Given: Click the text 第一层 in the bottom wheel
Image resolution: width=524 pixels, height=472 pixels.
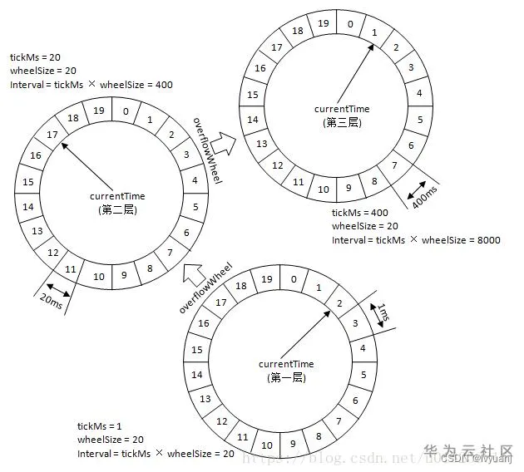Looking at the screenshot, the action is [286, 378].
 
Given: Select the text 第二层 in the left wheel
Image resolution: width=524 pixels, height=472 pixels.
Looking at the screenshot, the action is [116, 209].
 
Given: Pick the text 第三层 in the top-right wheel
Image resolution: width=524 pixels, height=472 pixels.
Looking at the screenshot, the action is [342, 122].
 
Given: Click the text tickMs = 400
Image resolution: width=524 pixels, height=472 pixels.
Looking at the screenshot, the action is [358, 212].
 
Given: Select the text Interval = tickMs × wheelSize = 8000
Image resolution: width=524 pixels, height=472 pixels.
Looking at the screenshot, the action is [416, 239].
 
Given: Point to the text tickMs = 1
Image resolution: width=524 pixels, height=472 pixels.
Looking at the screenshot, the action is [99, 425].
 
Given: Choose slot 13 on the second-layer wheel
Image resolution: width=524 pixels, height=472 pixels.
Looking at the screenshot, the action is [37, 230].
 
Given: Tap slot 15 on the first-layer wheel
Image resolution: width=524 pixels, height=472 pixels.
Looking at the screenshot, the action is [199, 350].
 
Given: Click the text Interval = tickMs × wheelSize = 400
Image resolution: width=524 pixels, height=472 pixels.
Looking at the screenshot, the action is [91, 84].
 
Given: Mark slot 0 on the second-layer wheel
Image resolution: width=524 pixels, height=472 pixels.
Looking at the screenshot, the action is [125, 109].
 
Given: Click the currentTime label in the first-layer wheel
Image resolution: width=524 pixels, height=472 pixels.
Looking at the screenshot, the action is [286, 364].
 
